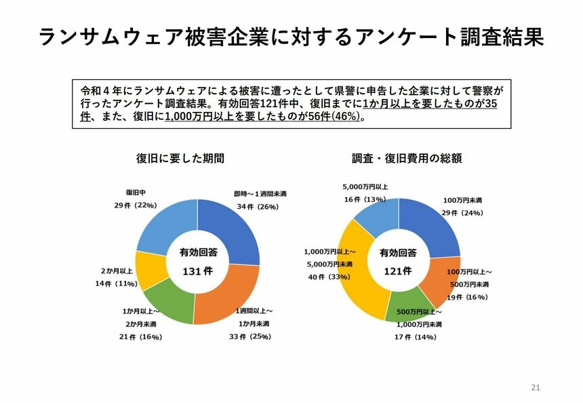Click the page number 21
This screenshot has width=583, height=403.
coord(536,387)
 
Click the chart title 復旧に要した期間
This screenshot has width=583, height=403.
coord(180,159)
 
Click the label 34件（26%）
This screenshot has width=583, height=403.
coord(257,207)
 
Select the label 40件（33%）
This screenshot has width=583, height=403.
coord(328,277)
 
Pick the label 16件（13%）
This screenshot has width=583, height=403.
coord(365,199)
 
